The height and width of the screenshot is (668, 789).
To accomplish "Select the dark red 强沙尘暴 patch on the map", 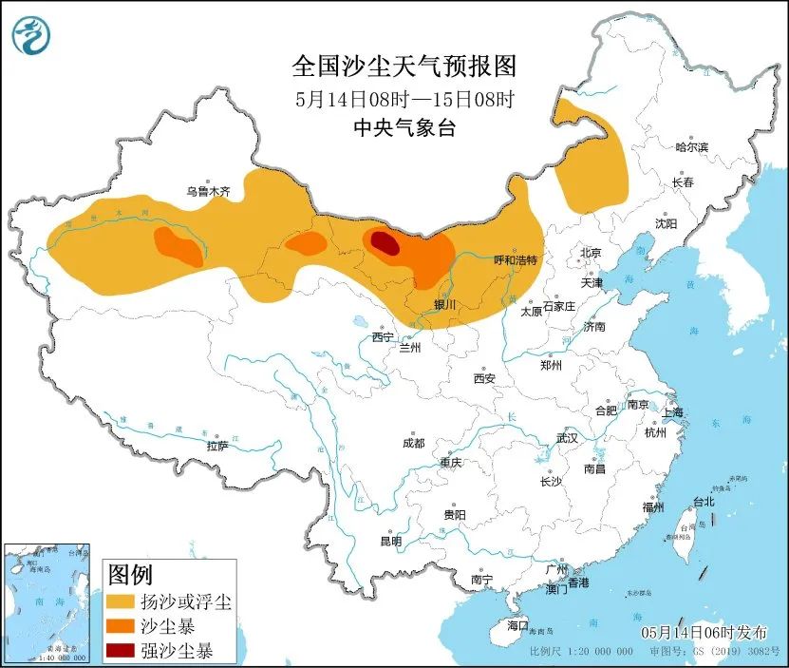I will point(385,243).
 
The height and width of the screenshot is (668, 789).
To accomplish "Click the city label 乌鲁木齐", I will point(208,191).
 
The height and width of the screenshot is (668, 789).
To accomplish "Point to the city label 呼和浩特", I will point(516,259).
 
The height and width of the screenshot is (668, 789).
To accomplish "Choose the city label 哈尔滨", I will point(692,147).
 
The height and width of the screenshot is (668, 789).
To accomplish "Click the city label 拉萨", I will point(216,446).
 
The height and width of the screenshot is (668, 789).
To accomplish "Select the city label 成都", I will point(413,444).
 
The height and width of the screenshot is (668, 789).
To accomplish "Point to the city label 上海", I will point(672,412).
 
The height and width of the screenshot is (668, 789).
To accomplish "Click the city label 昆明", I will point(390,541).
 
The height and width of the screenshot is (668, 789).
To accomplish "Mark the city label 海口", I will point(516,626).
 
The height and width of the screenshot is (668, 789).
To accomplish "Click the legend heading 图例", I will point(130,575).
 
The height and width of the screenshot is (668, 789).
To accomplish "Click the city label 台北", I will point(703,502).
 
